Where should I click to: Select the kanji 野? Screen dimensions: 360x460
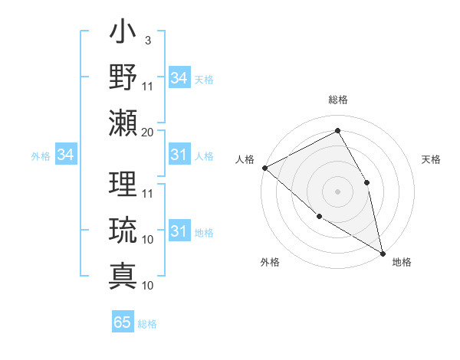(123, 77)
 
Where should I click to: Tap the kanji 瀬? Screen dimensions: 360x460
(123, 123)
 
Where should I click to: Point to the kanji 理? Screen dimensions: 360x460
(123, 184)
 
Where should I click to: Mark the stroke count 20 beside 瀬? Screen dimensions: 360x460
(148, 132)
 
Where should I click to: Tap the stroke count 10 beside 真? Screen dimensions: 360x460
(148, 286)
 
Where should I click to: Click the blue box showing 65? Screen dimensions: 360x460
(123, 322)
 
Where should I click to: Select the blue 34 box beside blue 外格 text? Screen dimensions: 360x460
(65, 155)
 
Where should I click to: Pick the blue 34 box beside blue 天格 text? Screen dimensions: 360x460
(179, 78)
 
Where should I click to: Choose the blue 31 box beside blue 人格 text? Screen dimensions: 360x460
(179, 155)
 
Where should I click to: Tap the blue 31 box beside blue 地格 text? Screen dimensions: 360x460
(179, 231)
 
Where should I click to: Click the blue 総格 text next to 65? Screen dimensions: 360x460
(147, 324)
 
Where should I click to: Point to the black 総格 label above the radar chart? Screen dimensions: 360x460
(337, 100)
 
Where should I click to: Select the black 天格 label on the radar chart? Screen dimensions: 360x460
(431, 159)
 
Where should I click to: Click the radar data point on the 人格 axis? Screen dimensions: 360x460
(264, 168)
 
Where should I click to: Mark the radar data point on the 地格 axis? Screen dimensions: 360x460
(383, 252)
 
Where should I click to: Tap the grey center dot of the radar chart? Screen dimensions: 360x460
(337, 191)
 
